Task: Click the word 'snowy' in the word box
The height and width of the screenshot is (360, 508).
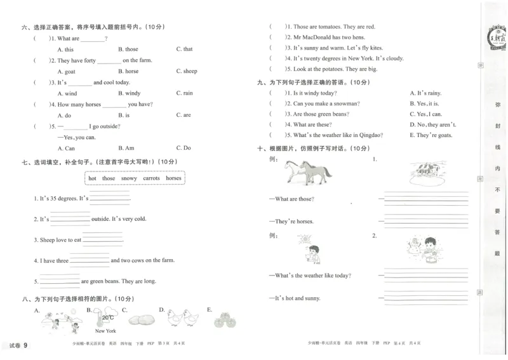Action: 129,178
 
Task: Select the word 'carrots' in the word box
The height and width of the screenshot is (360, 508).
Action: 151,178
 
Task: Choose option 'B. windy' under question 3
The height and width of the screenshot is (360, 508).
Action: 129,93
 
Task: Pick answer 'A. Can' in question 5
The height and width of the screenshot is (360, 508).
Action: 65,148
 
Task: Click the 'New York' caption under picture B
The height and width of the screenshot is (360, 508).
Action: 105,331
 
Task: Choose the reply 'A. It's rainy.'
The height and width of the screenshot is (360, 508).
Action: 425,93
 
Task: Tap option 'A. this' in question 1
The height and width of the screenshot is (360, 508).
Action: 65,49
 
